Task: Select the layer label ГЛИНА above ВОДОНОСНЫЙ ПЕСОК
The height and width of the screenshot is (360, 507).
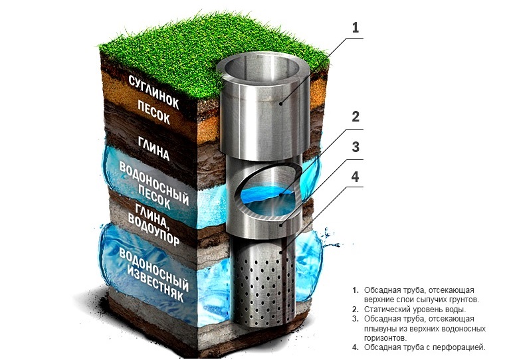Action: pos(153,148)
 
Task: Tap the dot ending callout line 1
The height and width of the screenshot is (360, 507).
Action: pos(282,104)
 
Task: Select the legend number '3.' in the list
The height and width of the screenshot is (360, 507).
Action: pos(355,319)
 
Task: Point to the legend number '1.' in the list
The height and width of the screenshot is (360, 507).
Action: pos(355,291)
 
